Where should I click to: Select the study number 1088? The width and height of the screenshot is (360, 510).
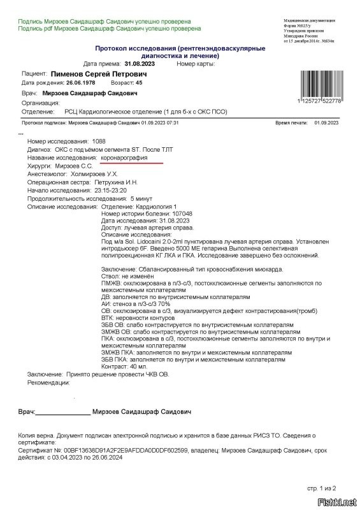pos(99,140)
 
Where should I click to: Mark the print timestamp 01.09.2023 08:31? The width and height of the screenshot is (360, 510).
pos(324,122)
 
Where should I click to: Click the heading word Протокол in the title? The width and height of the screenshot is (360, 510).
pos(113,48)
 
